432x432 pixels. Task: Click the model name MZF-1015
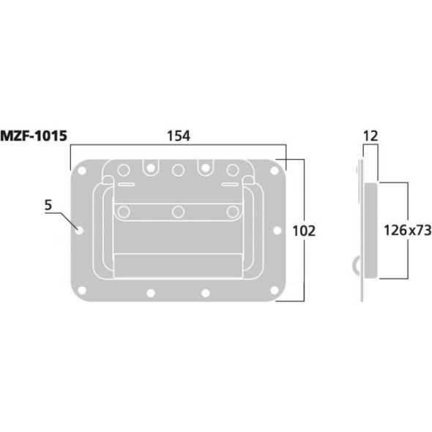coord(35,136)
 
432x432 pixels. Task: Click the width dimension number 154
coord(178,136)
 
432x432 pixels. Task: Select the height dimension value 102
coord(302,231)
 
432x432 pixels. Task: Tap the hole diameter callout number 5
coord(48,206)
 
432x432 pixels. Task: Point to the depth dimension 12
coord(370,136)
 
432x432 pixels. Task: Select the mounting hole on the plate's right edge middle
coord(276,231)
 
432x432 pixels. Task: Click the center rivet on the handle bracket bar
coord(178,212)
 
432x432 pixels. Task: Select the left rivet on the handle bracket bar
coord(124,212)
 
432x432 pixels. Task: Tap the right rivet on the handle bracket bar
coord(232,212)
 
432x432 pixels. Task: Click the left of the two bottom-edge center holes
coord(150,294)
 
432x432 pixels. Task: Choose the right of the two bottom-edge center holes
coord(206,294)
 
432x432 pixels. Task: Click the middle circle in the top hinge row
coord(178,170)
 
